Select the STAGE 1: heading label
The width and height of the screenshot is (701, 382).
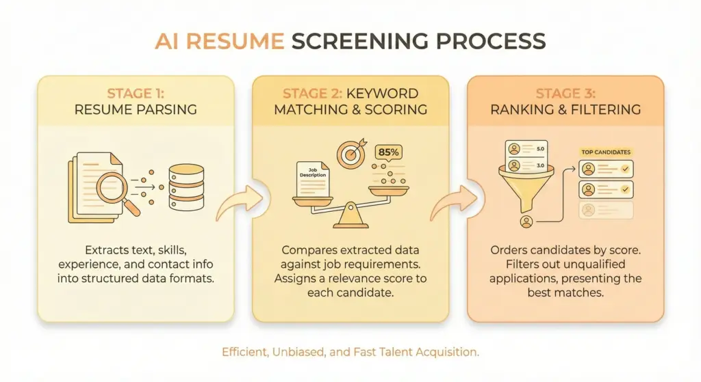(x=136, y=92)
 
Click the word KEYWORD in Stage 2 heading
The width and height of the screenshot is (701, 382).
(x=387, y=92)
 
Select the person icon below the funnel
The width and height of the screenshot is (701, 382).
(x=526, y=221)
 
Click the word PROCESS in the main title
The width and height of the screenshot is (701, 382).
(x=489, y=42)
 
